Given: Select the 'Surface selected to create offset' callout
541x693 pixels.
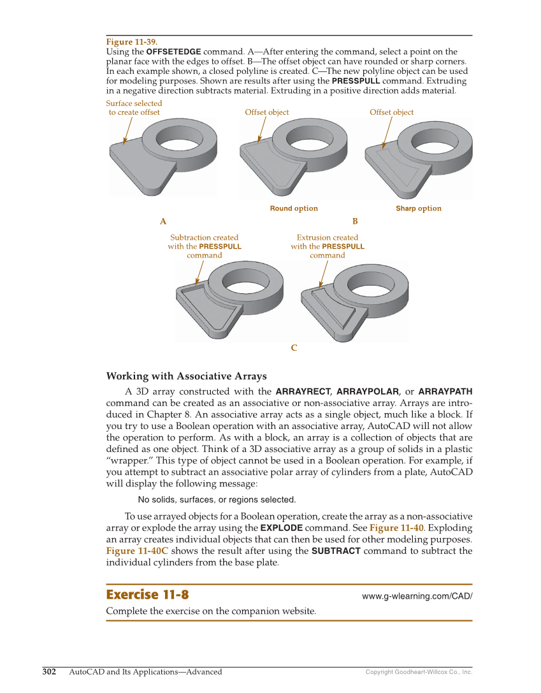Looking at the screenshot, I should (134, 108).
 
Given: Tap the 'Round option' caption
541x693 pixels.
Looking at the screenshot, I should (294, 208).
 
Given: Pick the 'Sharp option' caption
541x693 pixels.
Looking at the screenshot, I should (418, 208).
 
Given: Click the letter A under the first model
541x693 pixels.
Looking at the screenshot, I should (163, 221).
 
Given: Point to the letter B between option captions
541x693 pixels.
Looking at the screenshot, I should (355, 221).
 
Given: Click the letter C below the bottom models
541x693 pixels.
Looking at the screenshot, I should (294, 348).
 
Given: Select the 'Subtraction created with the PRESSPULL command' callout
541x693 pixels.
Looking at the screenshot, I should (205, 246).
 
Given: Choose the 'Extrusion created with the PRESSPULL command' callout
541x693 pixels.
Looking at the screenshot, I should (328, 246).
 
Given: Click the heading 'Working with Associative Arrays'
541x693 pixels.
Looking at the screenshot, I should (186, 376).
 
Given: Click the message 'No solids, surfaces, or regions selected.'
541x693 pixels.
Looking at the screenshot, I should (217, 500).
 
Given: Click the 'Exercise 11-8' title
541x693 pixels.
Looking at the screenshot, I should (147, 595).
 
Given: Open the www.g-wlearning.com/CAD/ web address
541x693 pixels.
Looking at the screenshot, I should (417, 597).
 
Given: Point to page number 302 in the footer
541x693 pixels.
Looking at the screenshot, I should (49, 672).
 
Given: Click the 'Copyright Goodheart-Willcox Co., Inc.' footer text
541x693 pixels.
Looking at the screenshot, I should (418, 672).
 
